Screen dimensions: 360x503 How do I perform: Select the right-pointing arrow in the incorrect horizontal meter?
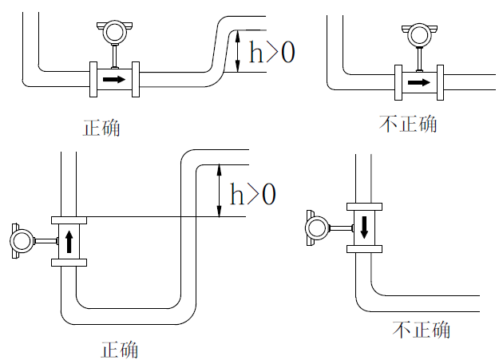pos(418,81)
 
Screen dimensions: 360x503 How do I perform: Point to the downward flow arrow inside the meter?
pos(364,227)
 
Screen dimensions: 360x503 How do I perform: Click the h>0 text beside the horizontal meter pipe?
pos(271,53)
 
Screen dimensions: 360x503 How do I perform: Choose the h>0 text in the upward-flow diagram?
pos(252,194)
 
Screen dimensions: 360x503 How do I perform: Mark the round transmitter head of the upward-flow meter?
pos(22,239)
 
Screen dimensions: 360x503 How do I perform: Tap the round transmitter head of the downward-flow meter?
pos(318,228)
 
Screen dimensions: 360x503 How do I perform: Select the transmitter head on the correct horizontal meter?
pos(114,32)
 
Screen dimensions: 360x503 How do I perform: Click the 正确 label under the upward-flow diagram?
pos(120,350)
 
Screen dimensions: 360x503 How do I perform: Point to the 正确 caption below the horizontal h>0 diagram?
pos(102,128)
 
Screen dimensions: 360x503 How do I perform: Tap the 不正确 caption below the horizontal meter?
pos(408,124)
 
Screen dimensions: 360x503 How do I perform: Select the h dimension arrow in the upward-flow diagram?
pos(218,191)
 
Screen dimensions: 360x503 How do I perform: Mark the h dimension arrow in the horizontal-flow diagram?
pos(239,52)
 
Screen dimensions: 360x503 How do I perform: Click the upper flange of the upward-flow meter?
pos(69,220)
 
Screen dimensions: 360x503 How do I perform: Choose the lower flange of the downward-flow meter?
pos(364,248)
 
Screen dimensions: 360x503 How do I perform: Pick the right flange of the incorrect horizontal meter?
pos(438,81)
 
